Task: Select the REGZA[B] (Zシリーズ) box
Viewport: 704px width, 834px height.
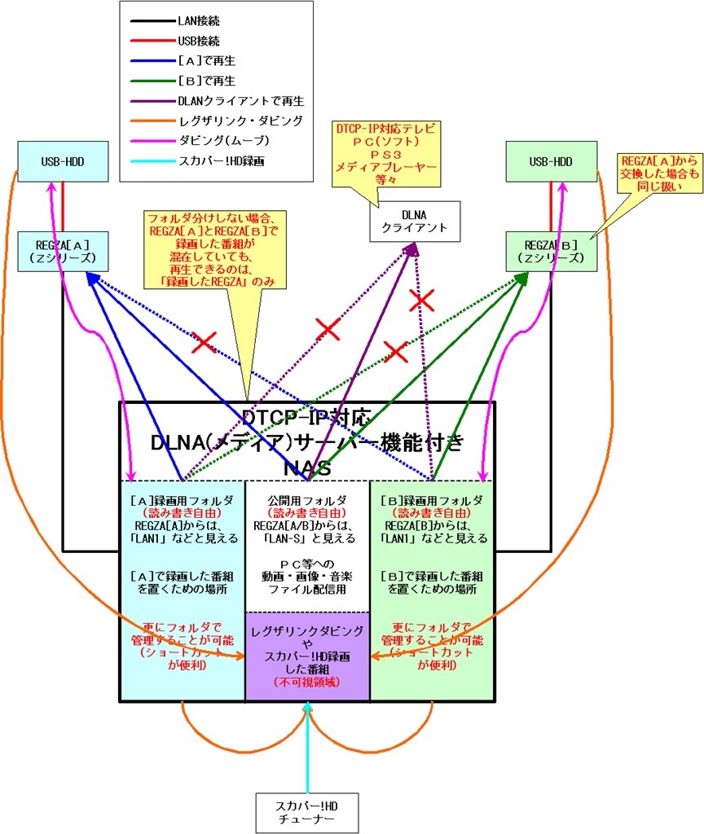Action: click(551, 251)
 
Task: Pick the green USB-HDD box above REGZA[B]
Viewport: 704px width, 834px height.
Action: click(551, 161)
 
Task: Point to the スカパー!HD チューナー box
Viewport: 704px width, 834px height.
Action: click(307, 812)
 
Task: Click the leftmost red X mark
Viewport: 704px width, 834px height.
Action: click(204, 342)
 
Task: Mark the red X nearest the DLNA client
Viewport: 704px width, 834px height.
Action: click(421, 300)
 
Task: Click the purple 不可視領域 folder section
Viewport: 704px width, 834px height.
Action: click(307, 656)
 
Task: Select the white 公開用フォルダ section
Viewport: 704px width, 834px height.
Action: click(307, 546)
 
